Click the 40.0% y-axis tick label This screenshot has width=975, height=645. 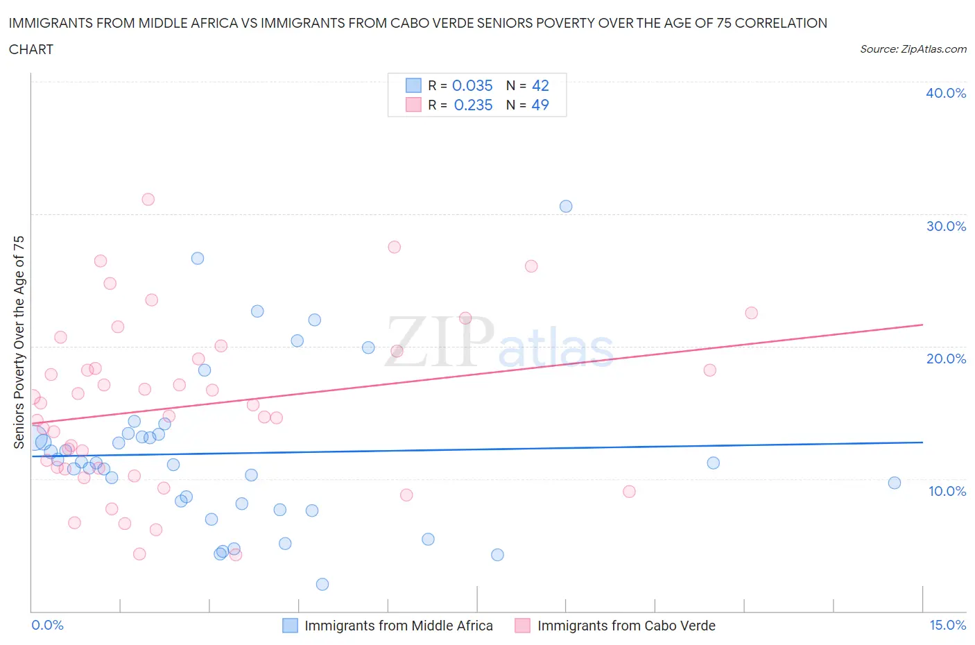(946, 93)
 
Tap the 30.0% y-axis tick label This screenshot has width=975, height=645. (946, 226)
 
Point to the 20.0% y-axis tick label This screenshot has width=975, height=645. (946, 359)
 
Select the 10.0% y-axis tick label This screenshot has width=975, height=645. (947, 491)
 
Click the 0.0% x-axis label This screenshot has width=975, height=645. (47, 625)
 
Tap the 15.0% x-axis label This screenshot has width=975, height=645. (947, 625)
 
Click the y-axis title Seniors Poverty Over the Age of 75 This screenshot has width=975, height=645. (19, 342)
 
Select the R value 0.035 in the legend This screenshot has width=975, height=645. (472, 85)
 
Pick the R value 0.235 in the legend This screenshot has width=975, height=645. (473, 105)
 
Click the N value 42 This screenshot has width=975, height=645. (540, 85)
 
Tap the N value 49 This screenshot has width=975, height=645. (540, 105)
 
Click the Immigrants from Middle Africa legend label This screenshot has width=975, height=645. (399, 626)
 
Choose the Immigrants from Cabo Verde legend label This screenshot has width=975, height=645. (626, 626)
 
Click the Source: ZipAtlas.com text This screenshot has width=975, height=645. (913, 49)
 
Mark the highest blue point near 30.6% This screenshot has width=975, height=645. (566, 206)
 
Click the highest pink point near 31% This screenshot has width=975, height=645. (148, 199)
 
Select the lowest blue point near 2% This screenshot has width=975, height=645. (322, 584)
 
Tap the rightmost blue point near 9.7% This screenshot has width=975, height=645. (895, 483)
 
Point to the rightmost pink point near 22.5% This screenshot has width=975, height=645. (751, 313)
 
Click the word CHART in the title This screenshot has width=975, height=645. (31, 49)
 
